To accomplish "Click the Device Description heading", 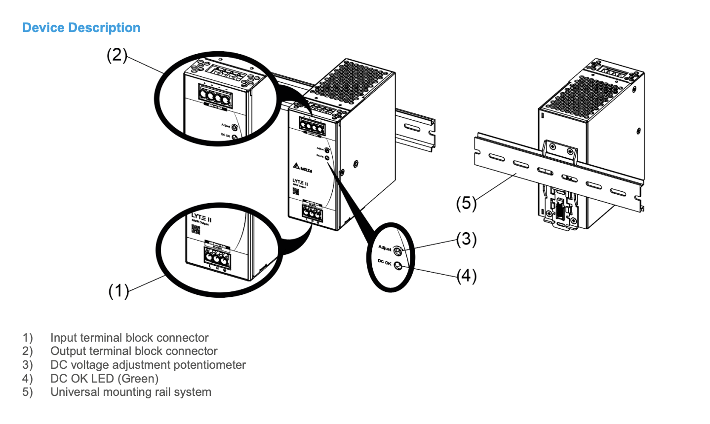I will [x=81, y=28].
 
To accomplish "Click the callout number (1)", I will [x=118, y=290].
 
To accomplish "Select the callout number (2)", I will [x=117, y=55].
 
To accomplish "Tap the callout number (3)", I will [x=466, y=239].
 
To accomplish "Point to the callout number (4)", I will [x=466, y=276].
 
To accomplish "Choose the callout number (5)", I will [x=466, y=203].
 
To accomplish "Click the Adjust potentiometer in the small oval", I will [x=398, y=250].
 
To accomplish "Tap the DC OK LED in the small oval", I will [x=398, y=267].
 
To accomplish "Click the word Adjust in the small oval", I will [x=385, y=248].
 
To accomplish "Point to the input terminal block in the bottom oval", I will [x=216, y=258].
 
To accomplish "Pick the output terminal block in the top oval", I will [x=217, y=94].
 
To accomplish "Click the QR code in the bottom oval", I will [x=196, y=229].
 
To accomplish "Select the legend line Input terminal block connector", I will [x=129, y=338].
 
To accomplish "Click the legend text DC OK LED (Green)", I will [x=104, y=379].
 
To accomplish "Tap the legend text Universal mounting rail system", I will [x=131, y=392].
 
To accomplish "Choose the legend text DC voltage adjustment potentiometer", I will [x=148, y=365].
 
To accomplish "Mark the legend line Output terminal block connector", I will [x=134, y=351].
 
